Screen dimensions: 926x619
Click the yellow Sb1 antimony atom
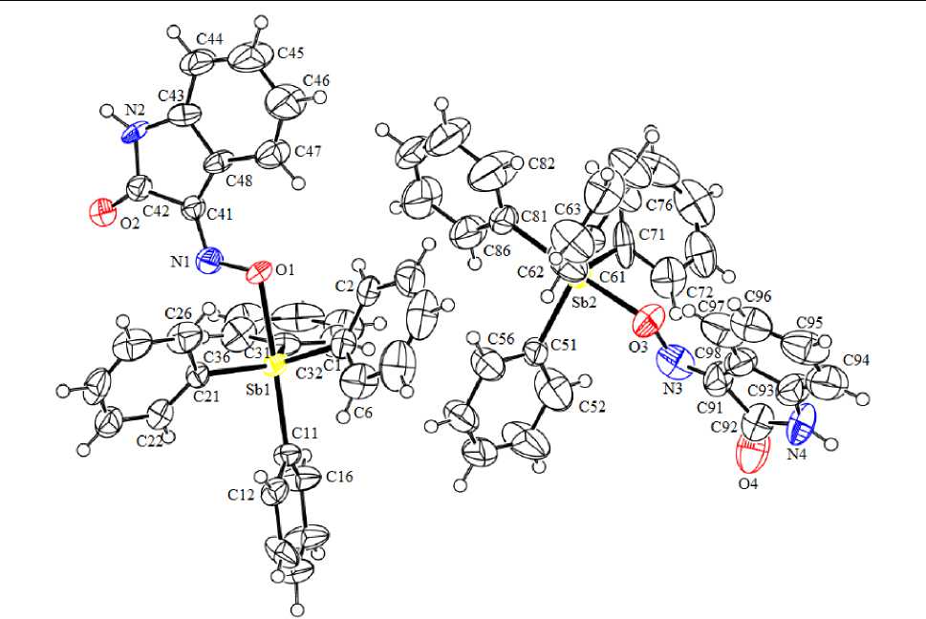tap(276, 364)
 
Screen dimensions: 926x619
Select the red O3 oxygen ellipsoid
tap(649, 316)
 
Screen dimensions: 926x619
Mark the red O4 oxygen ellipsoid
tap(751, 461)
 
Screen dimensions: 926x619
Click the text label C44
tap(210, 39)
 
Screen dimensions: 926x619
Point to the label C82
tap(542, 163)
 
